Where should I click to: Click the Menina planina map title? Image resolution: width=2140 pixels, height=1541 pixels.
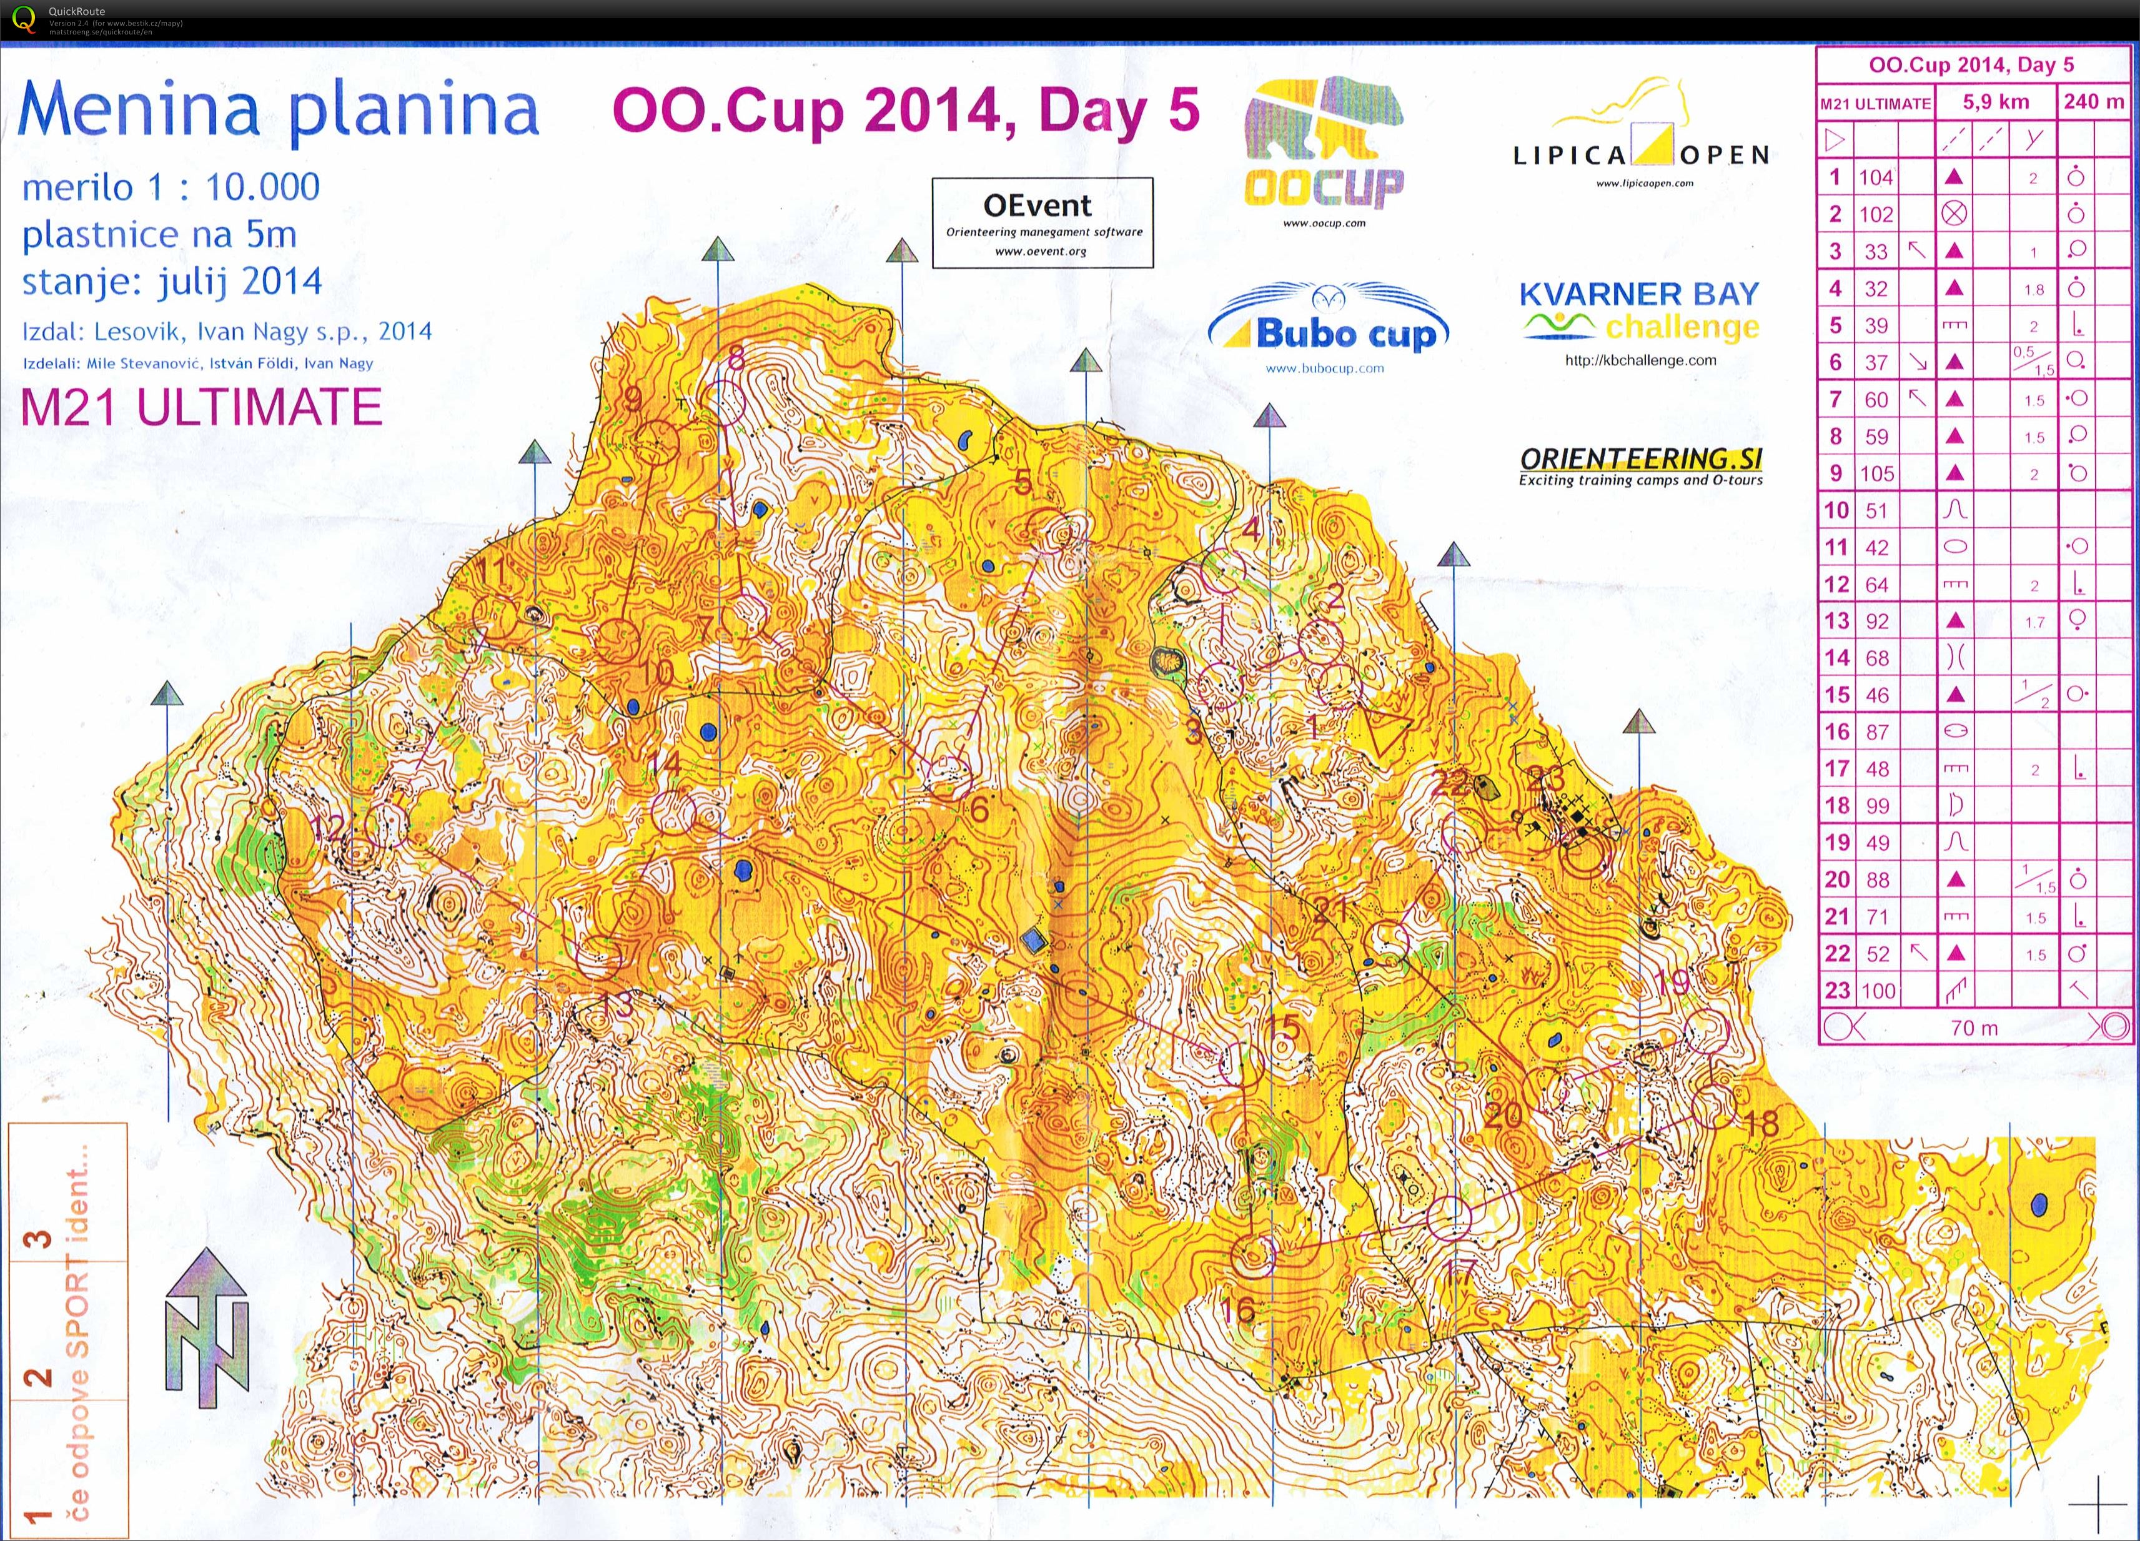279,111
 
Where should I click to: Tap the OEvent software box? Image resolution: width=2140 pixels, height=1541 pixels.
1042,223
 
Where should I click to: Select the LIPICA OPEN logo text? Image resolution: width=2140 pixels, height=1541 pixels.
1642,154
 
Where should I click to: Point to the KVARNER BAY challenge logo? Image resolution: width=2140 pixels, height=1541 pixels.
1640,312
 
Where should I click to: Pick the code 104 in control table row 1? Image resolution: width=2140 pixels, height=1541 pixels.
1876,177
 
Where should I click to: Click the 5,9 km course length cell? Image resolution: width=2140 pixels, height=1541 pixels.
1996,102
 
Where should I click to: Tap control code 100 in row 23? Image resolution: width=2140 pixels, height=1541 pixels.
1878,991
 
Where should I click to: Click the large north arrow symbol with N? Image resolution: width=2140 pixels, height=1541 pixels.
207,1326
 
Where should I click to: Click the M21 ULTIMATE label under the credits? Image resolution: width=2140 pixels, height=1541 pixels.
201,408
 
